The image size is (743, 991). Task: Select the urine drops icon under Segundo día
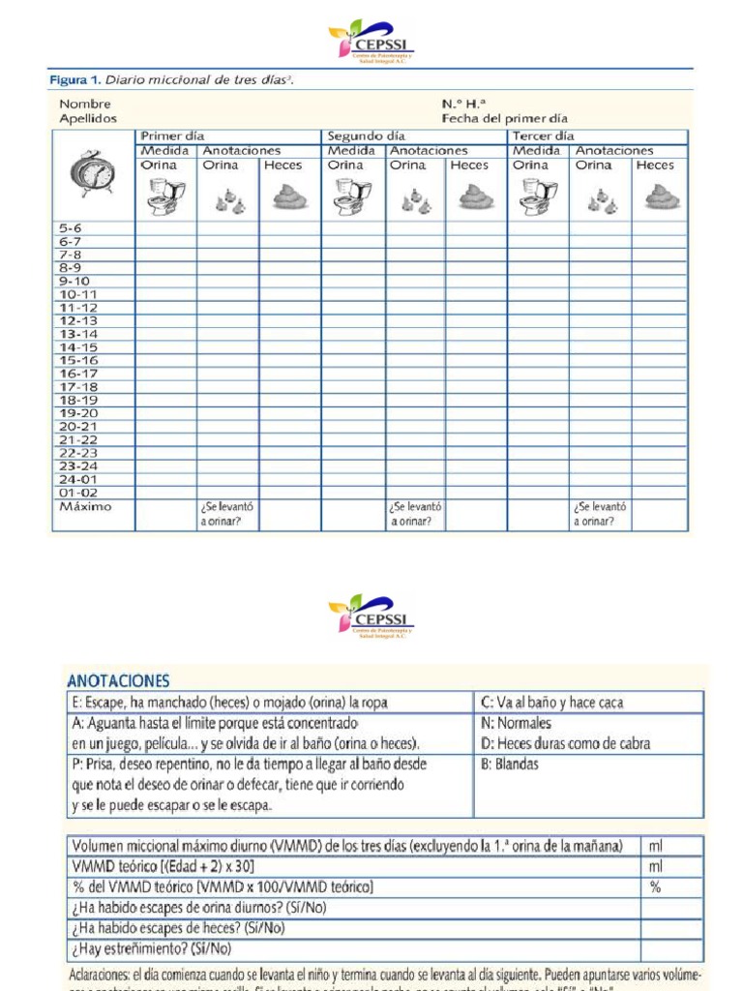pyautogui.click(x=416, y=200)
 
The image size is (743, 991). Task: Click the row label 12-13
pyautogui.click(x=78, y=320)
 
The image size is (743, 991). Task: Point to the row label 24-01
pyautogui.click(x=78, y=479)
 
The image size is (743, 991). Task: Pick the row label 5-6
pyautogui.click(x=71, y=228)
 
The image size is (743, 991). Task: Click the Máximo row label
pyautogui.click(x=85, y=506)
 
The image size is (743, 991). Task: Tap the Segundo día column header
pyautogui.click(x=366, y=136)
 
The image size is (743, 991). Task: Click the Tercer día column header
pyautogui.click(x=543, y=136)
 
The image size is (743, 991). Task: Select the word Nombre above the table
pyautogui.click(x=85, y=104)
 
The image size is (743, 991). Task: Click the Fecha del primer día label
pyautogui.click(x=505, y=118)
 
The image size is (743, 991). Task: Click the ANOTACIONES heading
pyautogui.click(x=119, y=680)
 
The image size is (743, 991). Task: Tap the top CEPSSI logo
pyautogui.click(x=371, y=44)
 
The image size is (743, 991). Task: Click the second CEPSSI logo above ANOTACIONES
pyautogui.click(x=371, y=616)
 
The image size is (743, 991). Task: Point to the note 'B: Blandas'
pyautogui.click(x=510, y=764)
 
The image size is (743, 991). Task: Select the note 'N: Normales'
pyautogui.click(x=516, y=723)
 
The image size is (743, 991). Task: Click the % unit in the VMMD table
pyautogui.click(x=655, y=886)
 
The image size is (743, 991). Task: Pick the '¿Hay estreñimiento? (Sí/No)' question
pyautogui.click(x=152, y=948)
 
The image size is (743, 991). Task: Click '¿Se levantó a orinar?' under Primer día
pyautogui.click(x=227, y=514)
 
